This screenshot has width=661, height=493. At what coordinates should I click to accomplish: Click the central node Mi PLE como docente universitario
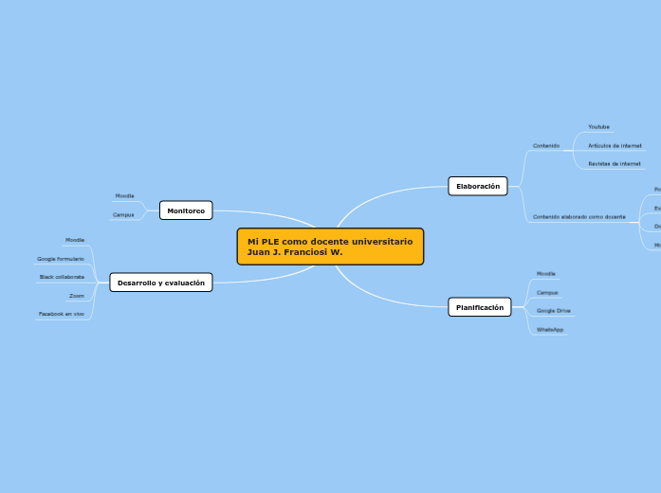click(x=330, y=246)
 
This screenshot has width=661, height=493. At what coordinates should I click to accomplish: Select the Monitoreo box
click(x=186, y=210)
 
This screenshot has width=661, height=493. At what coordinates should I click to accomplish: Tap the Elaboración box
click(x=478, y=186)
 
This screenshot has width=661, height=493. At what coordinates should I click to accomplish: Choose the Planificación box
click(x=480, y=307)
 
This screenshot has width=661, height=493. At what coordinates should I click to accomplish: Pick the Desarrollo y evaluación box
click(x=161, y=283)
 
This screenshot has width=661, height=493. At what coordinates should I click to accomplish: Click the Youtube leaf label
click(x=598, y=127)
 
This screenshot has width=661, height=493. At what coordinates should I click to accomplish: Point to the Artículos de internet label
click(x=615, y=146)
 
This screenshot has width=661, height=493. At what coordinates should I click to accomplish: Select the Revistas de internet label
click(x=615, y=164)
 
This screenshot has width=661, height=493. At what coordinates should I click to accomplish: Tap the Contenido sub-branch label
click(x=546, y=146)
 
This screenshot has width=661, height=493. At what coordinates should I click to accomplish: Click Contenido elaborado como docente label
click(x=578, y=217)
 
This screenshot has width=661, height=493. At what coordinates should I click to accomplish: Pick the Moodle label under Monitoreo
click(x=124, y=196)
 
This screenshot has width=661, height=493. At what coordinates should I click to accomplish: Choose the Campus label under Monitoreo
click(x=123, y=215)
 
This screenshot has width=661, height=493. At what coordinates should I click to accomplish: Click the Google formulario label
click(x=61, y=259)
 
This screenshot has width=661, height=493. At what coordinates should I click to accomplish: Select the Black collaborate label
click(x=62, y=277)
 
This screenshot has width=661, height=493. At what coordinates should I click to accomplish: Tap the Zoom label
click(x=76, y=296)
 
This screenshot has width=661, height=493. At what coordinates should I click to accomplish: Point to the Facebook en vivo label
click(x=62, y=314)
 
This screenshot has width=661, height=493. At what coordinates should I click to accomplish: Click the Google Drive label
click(x=554, y=311)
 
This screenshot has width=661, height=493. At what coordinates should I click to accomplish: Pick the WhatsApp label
click(x=550, y=330)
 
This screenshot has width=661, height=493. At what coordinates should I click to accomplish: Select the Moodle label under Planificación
click(x=546, y=274)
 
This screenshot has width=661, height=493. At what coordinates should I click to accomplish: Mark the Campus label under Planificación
click(x=547, y=293)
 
